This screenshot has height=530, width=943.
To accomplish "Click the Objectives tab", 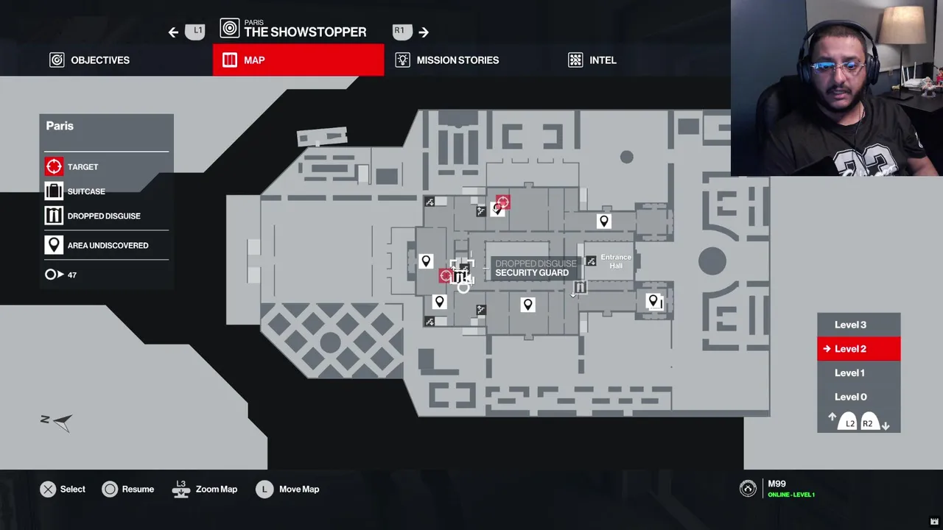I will pos(90,60).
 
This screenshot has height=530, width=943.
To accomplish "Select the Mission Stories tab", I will pos(447,60).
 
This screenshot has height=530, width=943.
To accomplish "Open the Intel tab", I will pos(592,60).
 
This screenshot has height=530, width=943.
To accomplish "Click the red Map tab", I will pos(298,60).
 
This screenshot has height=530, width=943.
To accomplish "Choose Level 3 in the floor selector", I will pos(850,325).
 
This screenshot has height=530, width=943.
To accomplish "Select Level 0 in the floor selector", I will pos(850,397).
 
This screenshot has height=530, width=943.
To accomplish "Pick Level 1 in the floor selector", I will pos(849,372).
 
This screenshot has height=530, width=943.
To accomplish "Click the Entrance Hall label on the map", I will pos(616,261).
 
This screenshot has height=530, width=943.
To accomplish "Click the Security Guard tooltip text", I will pos(532,273).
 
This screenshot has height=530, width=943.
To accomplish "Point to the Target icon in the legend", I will pos(54,167).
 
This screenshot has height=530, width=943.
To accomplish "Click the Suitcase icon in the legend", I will pos(54,191).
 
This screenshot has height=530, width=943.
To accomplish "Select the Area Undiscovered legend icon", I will pos(54,245).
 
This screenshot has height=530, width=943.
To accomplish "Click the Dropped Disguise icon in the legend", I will pos(54,216).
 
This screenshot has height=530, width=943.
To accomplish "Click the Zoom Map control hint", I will pos(206,489).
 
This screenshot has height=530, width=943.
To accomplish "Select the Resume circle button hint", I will pos(110,490).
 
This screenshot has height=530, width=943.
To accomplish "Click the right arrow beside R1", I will pos(424,32).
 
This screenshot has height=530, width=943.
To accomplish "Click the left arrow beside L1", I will pos(173,32).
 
